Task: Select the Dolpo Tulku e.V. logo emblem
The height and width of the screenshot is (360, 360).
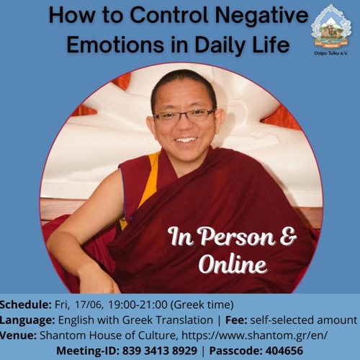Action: (330, 25)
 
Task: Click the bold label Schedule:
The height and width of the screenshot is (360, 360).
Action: (26, 305)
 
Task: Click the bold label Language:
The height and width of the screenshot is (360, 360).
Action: (28, 320)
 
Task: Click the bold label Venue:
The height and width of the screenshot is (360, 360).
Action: (19, 335)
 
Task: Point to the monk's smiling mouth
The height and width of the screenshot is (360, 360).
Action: (185, 138)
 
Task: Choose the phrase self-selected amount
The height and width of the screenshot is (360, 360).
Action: (315, 320)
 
